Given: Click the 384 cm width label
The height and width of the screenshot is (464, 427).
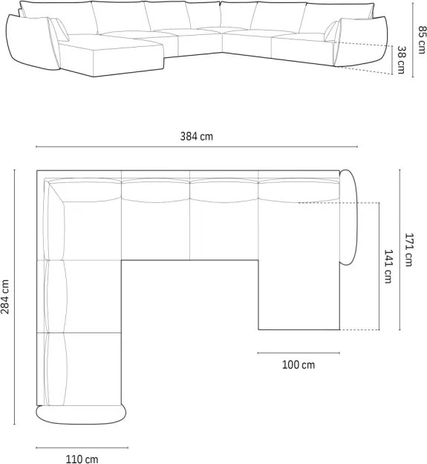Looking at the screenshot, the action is (197, 136).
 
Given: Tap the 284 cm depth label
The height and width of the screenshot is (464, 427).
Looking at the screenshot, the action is (5, 297).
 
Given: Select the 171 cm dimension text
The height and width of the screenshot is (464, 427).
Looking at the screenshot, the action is (408, 250).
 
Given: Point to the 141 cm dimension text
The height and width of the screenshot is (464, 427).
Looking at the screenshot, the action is (388, 266).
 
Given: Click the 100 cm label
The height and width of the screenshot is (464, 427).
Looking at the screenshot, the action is (299, 365).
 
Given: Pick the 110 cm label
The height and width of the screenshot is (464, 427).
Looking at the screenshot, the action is (82, 460).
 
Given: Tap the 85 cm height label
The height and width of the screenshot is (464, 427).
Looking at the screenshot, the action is (423, 39).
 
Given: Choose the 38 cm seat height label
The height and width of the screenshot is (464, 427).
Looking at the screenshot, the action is (401, 59).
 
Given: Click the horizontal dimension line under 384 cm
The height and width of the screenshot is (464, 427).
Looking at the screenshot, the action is (197, 146).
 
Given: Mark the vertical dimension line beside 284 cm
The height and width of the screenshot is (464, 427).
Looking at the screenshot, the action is (14, 297).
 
